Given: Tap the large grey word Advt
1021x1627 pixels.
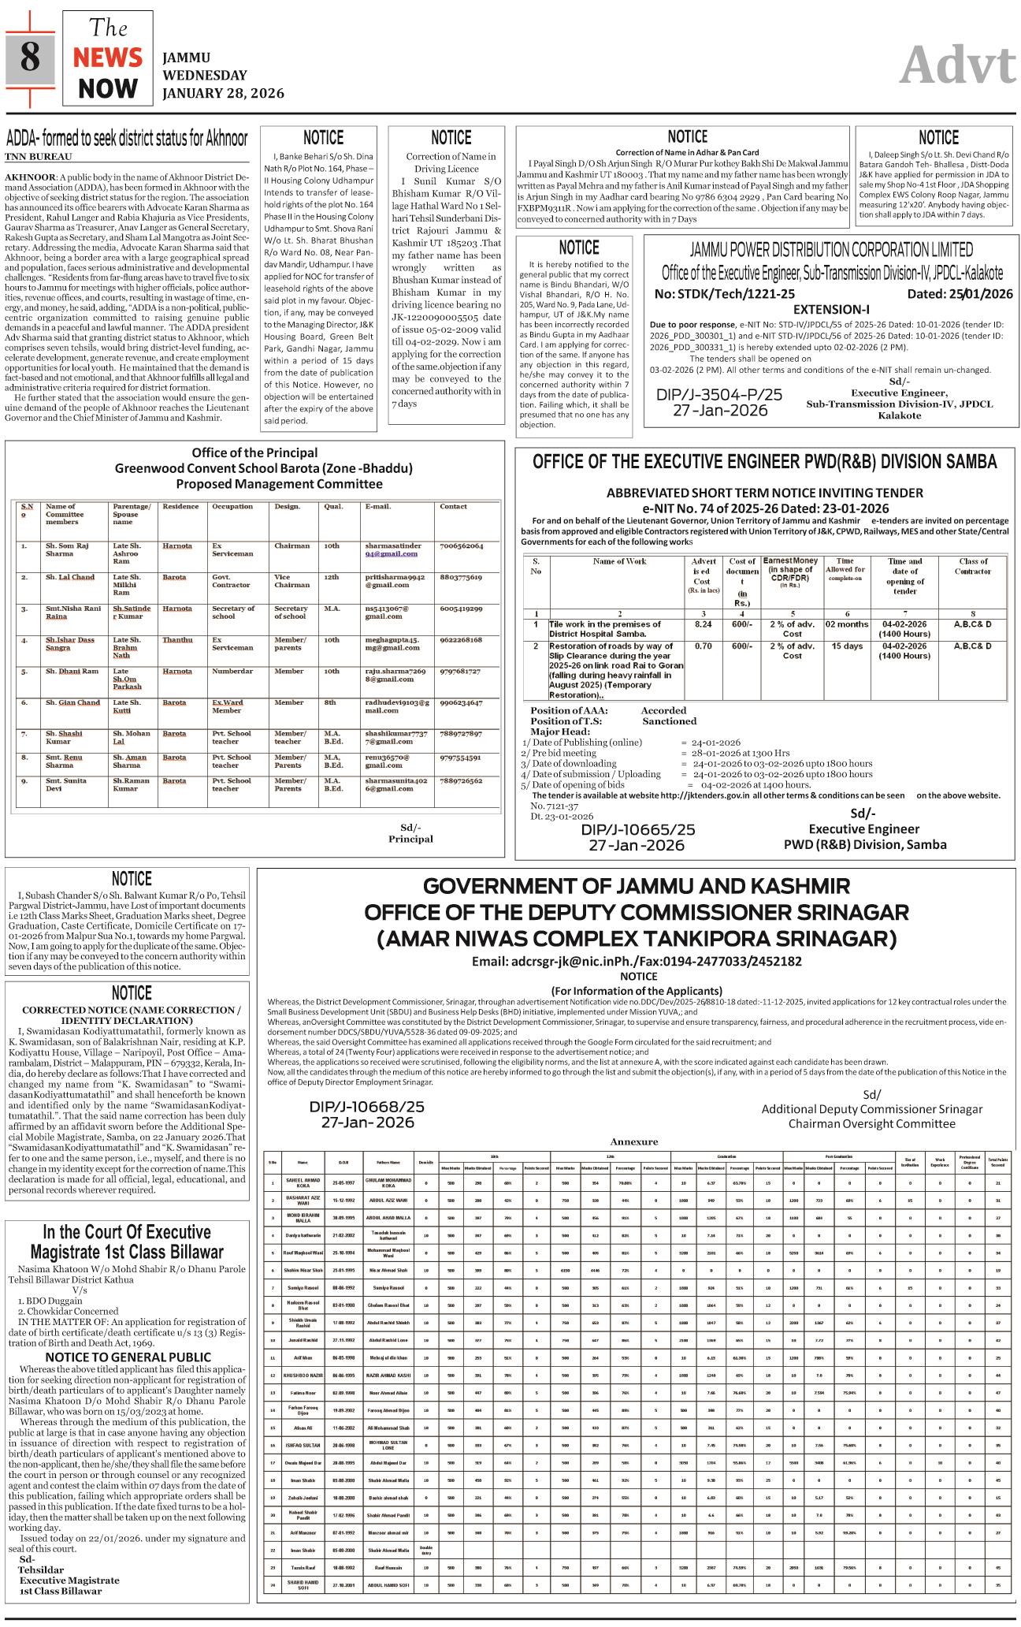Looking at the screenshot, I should tap(956, 65).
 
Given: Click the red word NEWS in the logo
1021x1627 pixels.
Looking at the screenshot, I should tap(108, 58).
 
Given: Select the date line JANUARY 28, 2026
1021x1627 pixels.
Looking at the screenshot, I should tap(223, 93).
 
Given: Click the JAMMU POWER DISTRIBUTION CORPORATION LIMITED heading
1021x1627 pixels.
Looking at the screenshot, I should tap(831, 250).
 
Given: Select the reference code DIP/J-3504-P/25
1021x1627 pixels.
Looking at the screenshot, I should tap(719, 394).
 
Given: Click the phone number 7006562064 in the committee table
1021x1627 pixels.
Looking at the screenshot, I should tap(462, 545).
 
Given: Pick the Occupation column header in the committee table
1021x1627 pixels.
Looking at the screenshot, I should tap(232, 507).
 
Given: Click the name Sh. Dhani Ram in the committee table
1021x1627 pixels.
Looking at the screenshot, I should tap(72, 671).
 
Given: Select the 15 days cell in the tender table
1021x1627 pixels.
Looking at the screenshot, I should tap(847, 646).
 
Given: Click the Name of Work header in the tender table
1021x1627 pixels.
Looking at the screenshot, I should tap(619, 561).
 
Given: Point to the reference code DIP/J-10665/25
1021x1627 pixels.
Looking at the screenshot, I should tap(638, 830).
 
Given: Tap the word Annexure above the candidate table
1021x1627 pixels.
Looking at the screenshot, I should tap(633, 1141).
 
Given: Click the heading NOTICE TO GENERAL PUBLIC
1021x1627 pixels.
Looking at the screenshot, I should tap(128, 1357).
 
